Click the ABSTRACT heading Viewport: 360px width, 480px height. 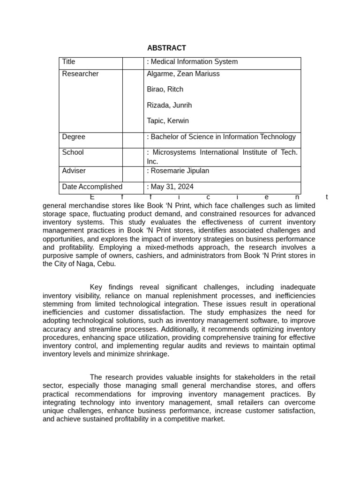(x=166, y=48)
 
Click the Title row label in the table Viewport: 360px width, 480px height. (x=68, y=62)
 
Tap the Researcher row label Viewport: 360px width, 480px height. (x=80, y=74)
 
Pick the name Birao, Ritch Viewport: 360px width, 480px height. (x=165, y=90)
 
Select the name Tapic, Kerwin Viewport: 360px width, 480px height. (x=168, y=121)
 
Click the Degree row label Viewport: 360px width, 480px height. (x=74, y=137)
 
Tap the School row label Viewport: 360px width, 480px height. (x=73, y=152)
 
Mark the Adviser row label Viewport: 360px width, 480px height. (x=74, y=171)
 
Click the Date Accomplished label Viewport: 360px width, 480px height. (x=92, y=187)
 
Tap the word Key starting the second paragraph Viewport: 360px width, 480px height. (x=96, y=287)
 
